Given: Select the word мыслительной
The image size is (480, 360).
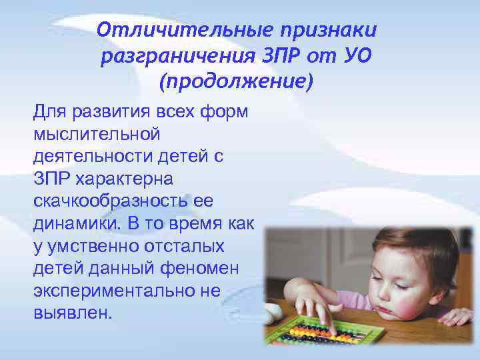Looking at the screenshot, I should [x=97, y=134].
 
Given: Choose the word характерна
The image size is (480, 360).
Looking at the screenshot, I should [x=125, y=179].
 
